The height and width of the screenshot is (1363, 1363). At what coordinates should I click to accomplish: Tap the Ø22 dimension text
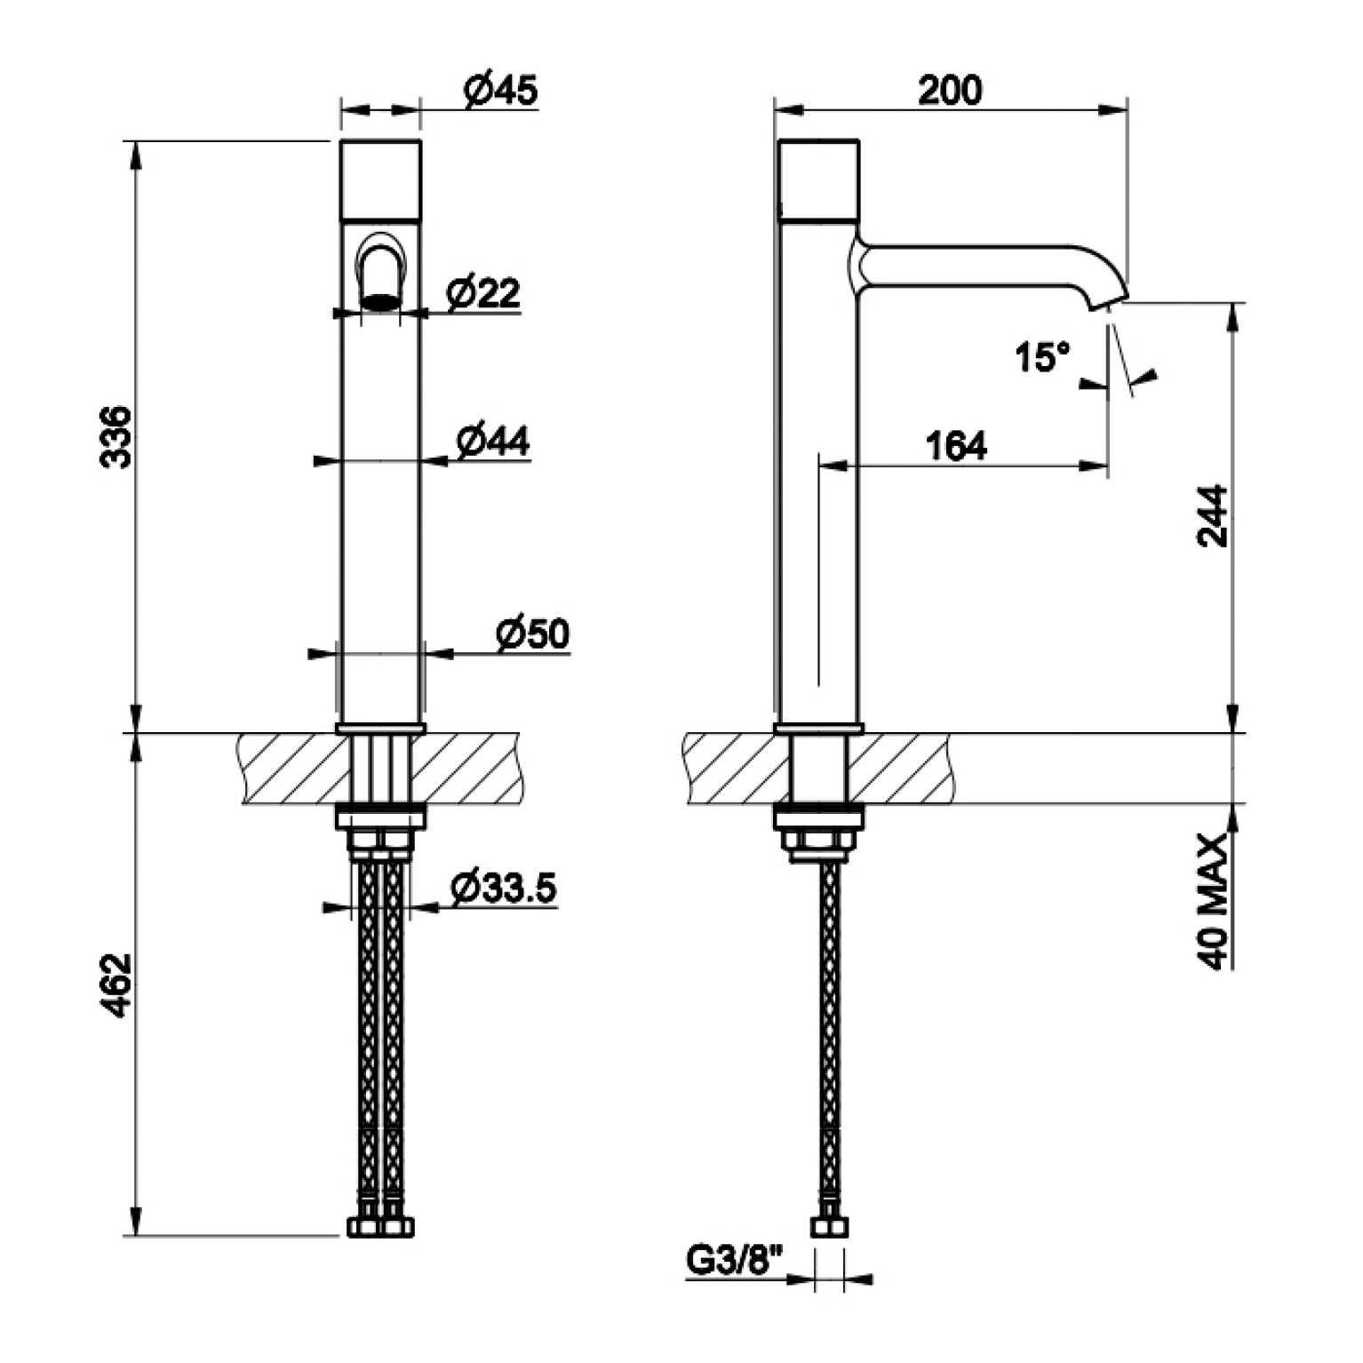483,292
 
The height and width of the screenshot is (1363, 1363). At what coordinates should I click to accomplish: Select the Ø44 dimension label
493,441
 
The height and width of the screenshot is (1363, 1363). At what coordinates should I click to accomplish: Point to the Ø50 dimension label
533,634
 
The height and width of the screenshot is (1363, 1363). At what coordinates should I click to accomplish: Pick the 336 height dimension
116,436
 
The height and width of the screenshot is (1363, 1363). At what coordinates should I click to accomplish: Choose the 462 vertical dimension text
116,985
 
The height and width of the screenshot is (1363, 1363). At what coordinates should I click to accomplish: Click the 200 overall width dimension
950,90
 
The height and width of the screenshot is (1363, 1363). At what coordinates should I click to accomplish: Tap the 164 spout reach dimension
956,446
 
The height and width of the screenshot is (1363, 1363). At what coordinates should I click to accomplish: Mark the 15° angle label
1042,357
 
